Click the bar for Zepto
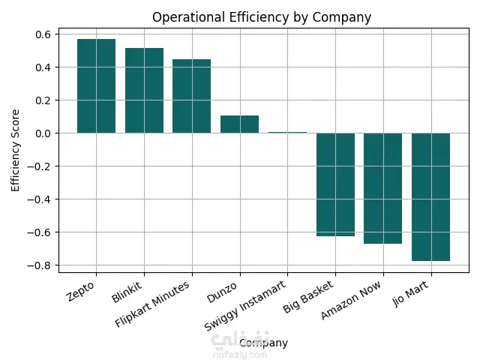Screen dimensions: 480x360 [97, 86]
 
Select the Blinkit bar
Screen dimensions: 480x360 [144, 91]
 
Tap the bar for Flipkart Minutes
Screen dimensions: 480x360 [192, 96]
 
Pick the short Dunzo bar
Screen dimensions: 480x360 [240, 124]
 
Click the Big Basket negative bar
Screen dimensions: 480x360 [335, 184]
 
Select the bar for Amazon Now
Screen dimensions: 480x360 [383, 188]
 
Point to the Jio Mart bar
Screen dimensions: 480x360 [431, 196]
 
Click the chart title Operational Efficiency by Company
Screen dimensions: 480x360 [262, 17]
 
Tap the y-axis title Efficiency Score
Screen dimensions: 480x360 [15, 150]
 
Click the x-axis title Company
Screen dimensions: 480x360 [263, 343]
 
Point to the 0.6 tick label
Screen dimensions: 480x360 [43, 34]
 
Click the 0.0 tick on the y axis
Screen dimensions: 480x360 [43, 133]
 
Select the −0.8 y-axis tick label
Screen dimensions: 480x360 [39, 265]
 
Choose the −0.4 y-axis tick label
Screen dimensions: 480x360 [39, 199]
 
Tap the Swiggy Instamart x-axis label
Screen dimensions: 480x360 [245, 305]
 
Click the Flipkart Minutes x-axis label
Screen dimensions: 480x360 [152, 304]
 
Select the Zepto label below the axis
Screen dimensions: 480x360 [80, 292]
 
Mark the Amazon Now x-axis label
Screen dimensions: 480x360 [351, 300]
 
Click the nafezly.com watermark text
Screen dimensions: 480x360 [240, 355]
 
